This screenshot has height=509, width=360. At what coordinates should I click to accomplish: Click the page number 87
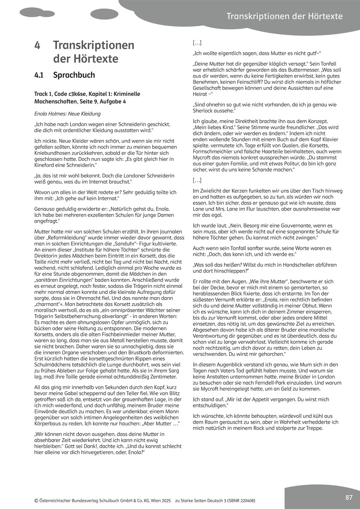tap(349, 497)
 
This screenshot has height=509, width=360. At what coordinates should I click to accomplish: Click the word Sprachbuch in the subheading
tap(74, 75)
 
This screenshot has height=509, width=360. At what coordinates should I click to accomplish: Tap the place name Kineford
tap(47, 166)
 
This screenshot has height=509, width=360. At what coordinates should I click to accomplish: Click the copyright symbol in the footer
tap(37, 500)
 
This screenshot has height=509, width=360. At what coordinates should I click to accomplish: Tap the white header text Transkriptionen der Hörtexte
tap(284, 16)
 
